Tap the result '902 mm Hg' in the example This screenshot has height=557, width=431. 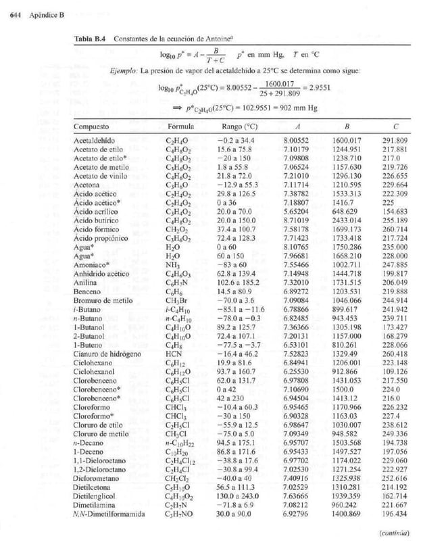[287, 106]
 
